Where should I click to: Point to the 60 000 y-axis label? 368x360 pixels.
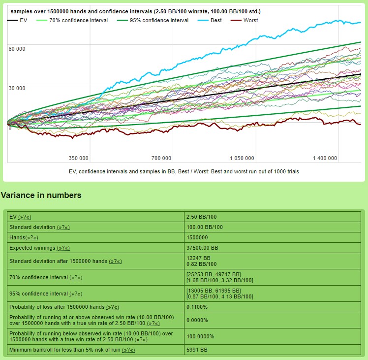pos(17,49)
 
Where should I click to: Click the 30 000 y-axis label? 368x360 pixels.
pos(17,88)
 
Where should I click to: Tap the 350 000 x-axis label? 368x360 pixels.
pos(79,158)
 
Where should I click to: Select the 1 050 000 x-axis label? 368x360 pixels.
pos(242,158)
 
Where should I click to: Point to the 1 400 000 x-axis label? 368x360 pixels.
pos(325,158)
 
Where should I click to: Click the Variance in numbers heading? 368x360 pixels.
pos(41,196)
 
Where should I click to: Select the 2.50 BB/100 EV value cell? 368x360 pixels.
pos(202,217)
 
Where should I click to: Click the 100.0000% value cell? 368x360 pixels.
pos(201,336)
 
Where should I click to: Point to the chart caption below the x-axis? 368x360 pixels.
pos(184,171)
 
